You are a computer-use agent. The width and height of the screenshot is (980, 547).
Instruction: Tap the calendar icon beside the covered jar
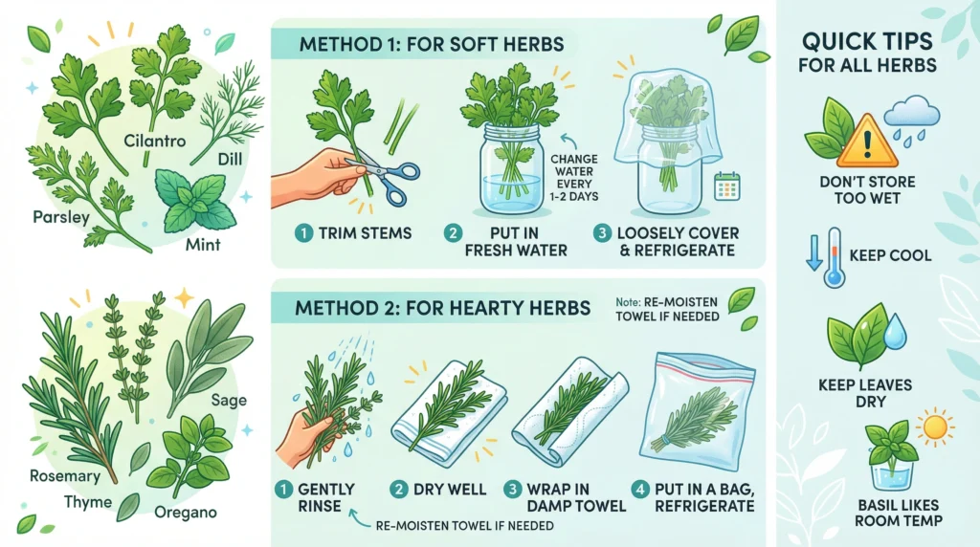[x=727, y=186]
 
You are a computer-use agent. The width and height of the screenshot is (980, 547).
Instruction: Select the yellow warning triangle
[x=867, y=142]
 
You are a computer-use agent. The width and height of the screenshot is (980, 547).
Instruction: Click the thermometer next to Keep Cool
[x=834, y=257]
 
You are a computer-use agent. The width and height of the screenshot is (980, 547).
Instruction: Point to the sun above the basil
[x=935, y=427]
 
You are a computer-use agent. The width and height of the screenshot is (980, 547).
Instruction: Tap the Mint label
[x=203, y=244]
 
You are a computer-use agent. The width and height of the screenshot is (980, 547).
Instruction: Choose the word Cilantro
[x=154, y=141]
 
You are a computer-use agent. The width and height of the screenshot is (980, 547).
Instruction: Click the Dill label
[x=230, y=160]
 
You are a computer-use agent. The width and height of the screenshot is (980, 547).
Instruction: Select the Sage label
[x=229, y=401]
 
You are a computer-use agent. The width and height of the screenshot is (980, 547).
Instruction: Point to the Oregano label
[x=186, y=513]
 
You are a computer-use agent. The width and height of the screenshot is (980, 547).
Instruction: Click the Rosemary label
[x=65, y=476]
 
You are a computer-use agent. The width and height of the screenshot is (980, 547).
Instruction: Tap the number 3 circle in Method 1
[x=602, y=233]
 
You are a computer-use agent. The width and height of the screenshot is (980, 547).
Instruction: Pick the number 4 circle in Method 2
[x=640, y=489]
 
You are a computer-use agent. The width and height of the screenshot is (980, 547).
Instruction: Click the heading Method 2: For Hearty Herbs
[x=442, y=308]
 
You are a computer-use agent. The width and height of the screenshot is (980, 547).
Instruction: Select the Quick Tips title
[x=867, y=53]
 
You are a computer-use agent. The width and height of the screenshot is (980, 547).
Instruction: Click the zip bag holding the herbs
[x=698, y=411]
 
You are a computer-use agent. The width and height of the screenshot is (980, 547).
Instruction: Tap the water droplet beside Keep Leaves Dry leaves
[x=895, y=331]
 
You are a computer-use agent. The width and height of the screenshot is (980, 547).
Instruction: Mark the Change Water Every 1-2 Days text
[x=574, y=177]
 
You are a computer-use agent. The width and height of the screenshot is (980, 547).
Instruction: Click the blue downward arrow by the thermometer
[x=813, y=252]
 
